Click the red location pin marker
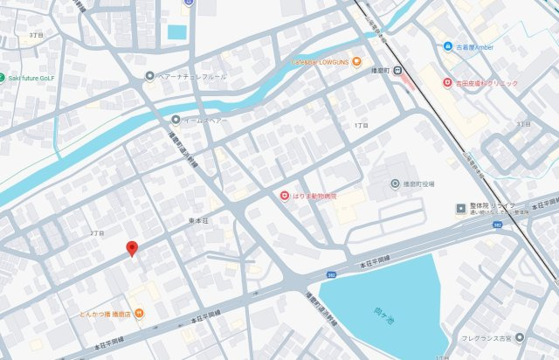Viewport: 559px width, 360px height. point(132,248)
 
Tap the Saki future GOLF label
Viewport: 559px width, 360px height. point(33,77)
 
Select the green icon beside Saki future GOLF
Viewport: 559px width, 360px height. point(3,77)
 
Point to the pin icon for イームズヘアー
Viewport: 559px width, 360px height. point(176,120)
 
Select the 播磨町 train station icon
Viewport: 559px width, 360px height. point(397,71)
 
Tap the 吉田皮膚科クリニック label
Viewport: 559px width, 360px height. point(486,83)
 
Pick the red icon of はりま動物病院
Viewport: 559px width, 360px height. point(284,197)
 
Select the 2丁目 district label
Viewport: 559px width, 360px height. point(96,233)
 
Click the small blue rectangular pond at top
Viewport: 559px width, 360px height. point(177,32)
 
